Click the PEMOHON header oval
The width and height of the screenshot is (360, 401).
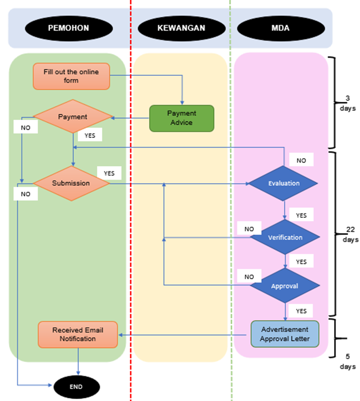click(x=69, y=28)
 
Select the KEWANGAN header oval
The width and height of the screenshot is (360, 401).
click(x=181, y=28)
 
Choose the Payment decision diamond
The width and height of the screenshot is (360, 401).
click(x=73, y=116)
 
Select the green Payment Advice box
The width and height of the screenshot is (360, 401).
click(x=181, y=118)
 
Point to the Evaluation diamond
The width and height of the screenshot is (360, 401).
click(x=284, y=183)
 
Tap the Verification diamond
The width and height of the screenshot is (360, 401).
click(x=285, y=237)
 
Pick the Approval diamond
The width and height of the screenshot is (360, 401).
click(x=285, y=286)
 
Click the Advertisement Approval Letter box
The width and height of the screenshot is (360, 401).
click(x=285, y=334)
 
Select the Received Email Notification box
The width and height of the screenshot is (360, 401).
click(x=77, y=334)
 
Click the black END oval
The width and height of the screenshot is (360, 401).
click(x=76, y=387)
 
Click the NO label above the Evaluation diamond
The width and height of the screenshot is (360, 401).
click(x=301, y=160)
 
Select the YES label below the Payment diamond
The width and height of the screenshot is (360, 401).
click(x=89, y=135)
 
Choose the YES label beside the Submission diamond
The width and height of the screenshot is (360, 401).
click(x=109, y=173)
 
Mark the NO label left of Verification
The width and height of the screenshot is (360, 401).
click(x=249, y=228)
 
